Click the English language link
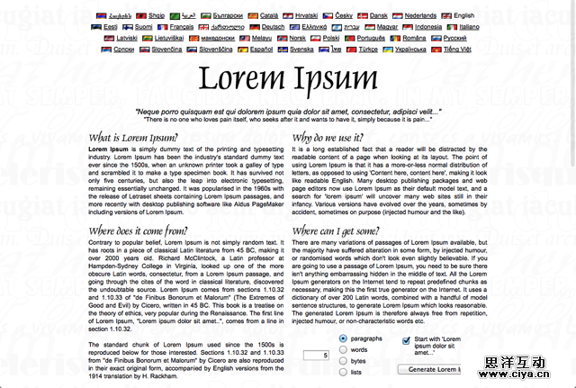click(x=463, y=15)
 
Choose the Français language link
click(x=181, y=27)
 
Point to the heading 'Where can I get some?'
click(x=343, y=231)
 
